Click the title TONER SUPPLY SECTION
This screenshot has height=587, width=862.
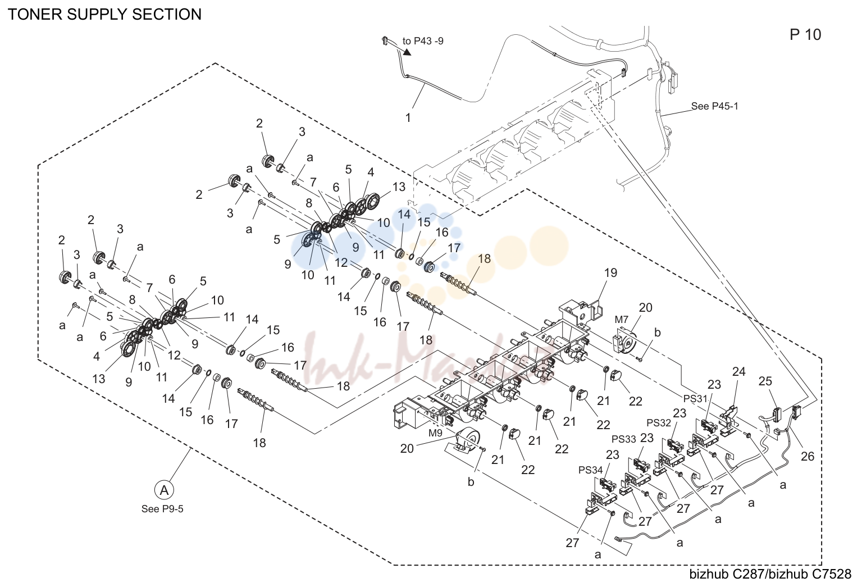click(104, 15)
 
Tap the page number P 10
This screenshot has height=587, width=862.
click(805, 35)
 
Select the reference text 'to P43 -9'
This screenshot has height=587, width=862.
click(423, 41)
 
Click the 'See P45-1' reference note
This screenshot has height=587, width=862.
click(715, 106)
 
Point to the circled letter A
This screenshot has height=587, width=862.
click(164, 490)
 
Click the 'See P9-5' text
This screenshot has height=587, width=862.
click(162, 509)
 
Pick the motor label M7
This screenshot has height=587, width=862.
click(621, 320)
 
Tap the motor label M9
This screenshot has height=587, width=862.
click(435, 433)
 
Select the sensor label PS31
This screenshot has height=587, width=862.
click(695, 399)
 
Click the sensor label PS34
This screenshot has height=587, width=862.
click(590, 470)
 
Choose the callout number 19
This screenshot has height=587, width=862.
click(610, 273)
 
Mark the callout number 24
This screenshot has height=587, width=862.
click(738, 372)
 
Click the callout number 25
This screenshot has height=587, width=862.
click(765, 381)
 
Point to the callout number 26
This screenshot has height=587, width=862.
click(808, 457)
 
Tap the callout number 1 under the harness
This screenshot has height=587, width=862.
click(408, 118)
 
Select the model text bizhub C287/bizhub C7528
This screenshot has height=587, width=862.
click(770, 574)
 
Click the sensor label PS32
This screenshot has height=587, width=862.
click(658, 422)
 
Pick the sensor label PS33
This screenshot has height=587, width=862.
click(624, 439)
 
